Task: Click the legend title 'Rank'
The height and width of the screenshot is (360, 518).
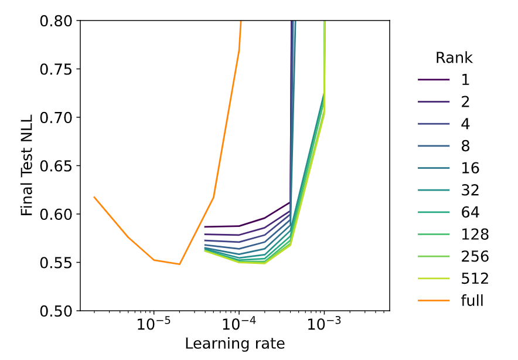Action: (454, 58)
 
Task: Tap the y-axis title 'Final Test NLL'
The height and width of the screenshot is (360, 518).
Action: (27, 165)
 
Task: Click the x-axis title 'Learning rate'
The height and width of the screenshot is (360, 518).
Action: (235, 343)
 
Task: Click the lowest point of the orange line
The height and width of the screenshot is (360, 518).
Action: (179, 264)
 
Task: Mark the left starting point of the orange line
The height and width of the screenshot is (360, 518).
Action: (94, 197)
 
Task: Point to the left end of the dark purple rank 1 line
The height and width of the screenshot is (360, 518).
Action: (205, 226)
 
